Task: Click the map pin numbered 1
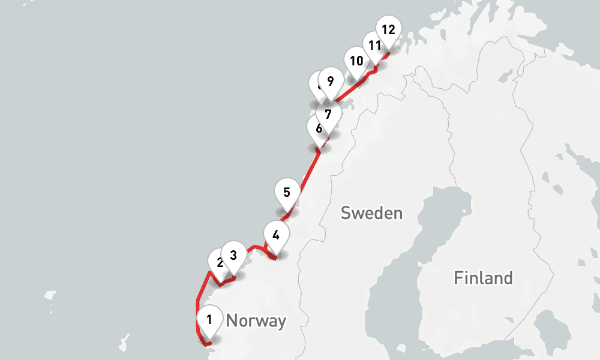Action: (x=209, y=320)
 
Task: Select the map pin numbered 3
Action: (x=233, y=255)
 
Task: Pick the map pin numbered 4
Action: (x=276, y=235)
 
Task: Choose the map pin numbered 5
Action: (x=287, y=193)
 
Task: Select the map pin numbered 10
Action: (x=356, y=61)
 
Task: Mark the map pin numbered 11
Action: (x=375, y=46)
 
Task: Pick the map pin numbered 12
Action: (x=388, y=29)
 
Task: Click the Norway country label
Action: (x=256, y=321)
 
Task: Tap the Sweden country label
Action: (x=371, y=213)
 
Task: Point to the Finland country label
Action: (x=483, y=278)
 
